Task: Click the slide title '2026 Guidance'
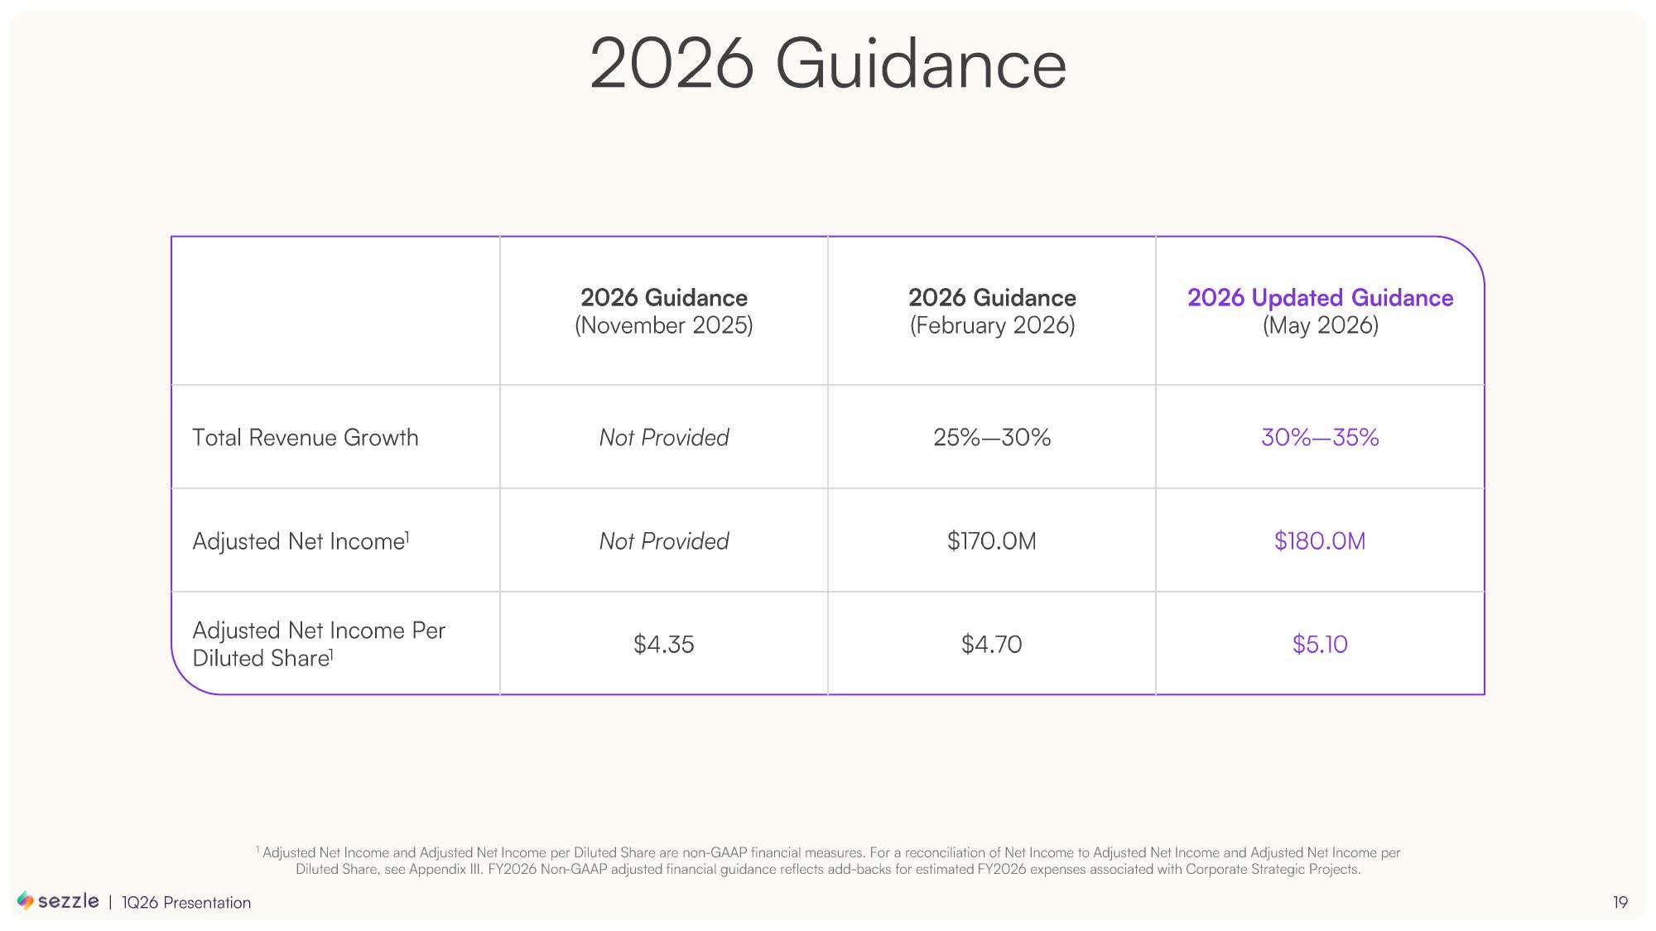828,64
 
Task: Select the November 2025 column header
664,311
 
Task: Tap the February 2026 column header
992,311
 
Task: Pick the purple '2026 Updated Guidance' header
1320,298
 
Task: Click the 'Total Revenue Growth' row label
306,437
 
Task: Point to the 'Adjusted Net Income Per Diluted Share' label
319,644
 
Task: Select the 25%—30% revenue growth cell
992,437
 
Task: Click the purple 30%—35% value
1320,437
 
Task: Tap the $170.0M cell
992,540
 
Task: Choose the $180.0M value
1320,540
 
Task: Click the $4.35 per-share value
664,644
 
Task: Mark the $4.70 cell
992,644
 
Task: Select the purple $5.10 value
1320,644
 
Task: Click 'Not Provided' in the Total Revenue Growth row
664,437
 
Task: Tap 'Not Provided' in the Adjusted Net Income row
664,540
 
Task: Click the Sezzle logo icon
26,900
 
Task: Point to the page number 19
1620,902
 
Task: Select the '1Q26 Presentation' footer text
186,903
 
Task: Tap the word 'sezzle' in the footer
69,901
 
